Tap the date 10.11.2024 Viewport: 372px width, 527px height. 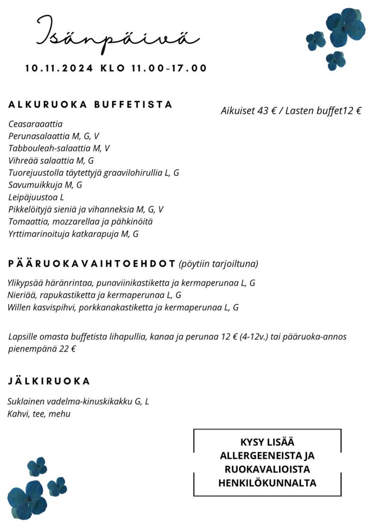point(59,68)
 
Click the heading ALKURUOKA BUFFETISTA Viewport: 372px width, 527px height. point(90,104)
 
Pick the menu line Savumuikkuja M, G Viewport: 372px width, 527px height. point(45,185)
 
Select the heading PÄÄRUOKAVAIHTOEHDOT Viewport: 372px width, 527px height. point(92,263)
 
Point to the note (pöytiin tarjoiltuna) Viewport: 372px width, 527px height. point(218,264)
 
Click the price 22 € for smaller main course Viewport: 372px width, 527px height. point(67,349)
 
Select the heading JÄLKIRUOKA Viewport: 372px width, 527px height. point(49,381)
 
